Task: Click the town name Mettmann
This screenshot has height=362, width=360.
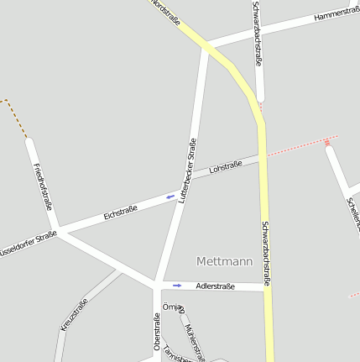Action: pos(224,261)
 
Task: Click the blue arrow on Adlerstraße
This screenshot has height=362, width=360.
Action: pos(177,286)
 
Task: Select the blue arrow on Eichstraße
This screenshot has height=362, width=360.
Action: pos(170,198)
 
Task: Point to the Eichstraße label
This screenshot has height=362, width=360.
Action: pos(120,213)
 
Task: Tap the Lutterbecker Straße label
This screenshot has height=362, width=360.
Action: pos(188,171)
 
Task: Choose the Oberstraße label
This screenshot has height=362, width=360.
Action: pos(157,332)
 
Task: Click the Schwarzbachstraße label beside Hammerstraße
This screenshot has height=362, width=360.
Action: pos(257,34)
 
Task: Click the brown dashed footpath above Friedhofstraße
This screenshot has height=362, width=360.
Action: pos(14,113)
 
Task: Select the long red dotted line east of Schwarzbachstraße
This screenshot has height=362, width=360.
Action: pos(302,144)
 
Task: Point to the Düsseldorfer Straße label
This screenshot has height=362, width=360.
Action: pos(27,243)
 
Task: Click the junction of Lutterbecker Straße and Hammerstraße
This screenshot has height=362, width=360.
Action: pos(206,45)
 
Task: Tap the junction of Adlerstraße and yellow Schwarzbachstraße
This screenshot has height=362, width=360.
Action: pos(268,287)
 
